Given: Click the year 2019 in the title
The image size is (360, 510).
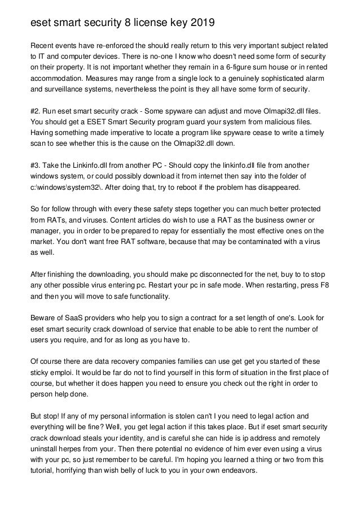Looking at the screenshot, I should point(201,23).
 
